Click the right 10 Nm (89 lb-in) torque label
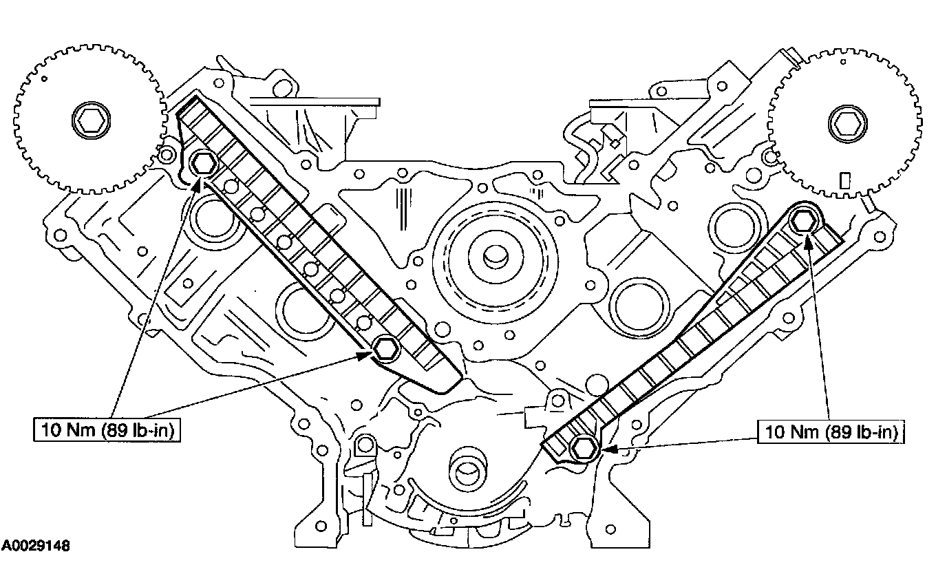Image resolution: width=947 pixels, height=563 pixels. point(831,432)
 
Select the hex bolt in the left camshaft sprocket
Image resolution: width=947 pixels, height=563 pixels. point(87,123)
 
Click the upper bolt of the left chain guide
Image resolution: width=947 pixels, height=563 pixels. point(203,164)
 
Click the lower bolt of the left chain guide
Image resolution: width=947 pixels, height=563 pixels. point(385,349)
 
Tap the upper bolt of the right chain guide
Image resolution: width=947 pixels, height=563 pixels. point(802,220)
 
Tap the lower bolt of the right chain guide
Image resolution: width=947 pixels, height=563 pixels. point(584,449)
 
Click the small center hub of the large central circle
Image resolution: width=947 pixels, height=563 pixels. point(494,257)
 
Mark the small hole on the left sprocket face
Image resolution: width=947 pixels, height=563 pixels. point(45,81)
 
